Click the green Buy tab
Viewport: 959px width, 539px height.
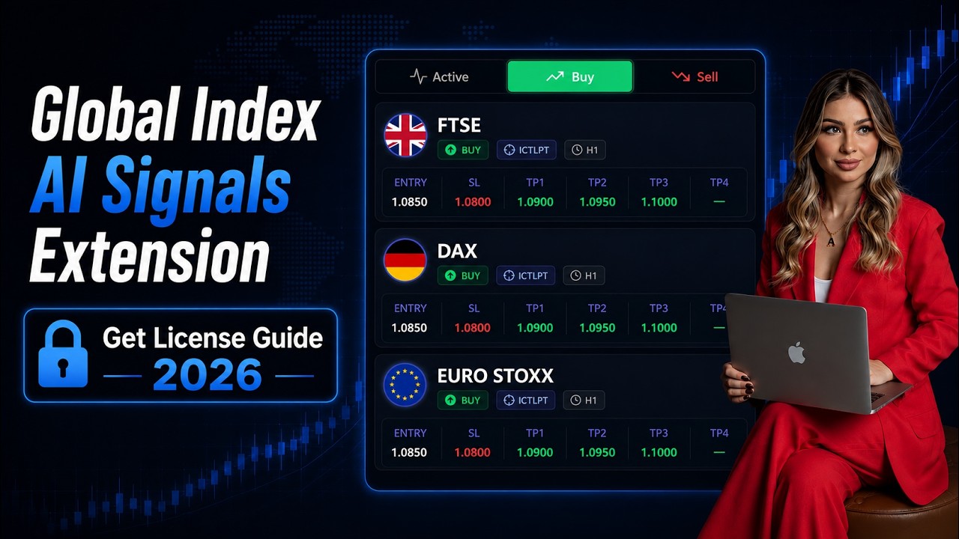pyautogui.click(x=570, y=76)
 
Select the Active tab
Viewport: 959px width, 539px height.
pyautogui.click(x=439, y=77)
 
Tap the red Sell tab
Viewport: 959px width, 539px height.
pyautogui.click(x=695, y=77)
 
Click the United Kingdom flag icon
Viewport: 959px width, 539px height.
pyautogui.click(x=405, y=135)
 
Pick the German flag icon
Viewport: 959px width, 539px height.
pyautogui.click(x=405, y=260)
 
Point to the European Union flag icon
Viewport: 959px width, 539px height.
pyautogui.click(x=405, y=385)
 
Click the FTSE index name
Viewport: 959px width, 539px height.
pyautogui.click(x=459, y=125)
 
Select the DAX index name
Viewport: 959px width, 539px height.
pyautogui.click(x=457, y=251)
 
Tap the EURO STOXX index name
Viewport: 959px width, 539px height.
pyautogui.click(x=495, y=376)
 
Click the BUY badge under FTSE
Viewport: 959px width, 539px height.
pyautogui.click(x=463, y=150)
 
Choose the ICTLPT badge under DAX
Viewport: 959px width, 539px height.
pyautogui.click(x=526, y=275)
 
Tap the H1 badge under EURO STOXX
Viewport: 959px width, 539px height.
pyautogui.click(x=584, y=401)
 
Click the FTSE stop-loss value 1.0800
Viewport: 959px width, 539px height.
pyautogui.click(x=473, y=202)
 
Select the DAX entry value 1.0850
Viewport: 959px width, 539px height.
pyautogui.click(x=409, y=328)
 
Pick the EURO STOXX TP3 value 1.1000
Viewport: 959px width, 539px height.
pyautogui.click(x=659, y=452)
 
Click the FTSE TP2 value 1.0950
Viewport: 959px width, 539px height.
pyautogui.click(x=597, y=202)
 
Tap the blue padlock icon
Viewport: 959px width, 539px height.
pyautogui.click(x=63, y=354)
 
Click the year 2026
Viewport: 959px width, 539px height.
pyautogui.click(x=208, y=375)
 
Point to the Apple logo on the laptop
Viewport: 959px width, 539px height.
pyautogui.click(x=796, y=353)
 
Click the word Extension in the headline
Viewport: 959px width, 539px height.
pyautogui.click(x=149, y=256)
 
